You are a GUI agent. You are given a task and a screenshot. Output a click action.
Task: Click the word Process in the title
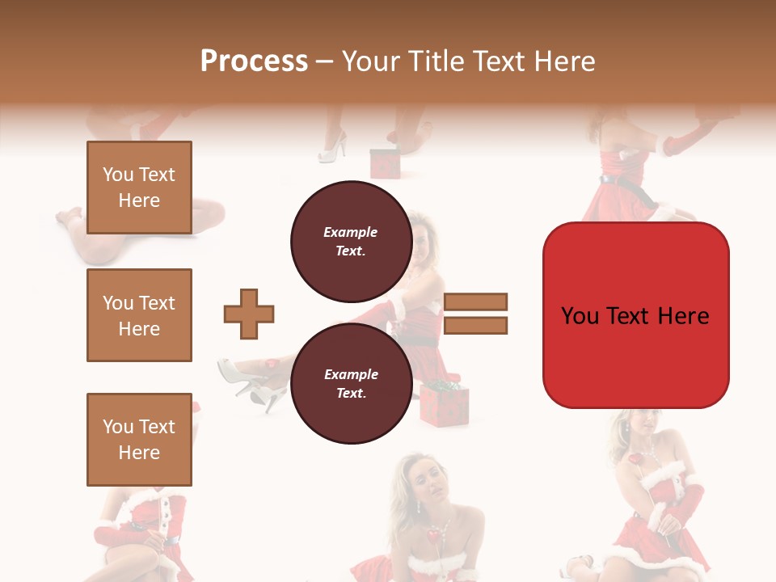point(254,61)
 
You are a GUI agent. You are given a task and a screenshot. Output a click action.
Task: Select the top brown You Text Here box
point(139,188)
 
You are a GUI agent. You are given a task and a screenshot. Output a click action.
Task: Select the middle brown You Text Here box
point(139,315)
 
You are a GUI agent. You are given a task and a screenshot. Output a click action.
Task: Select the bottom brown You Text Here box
point(139,440)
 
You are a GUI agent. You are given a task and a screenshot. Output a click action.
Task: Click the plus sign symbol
point(249,314)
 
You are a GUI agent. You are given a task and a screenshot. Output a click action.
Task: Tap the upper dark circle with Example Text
point(351,242)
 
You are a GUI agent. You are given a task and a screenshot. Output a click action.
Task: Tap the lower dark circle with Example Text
point(351,384)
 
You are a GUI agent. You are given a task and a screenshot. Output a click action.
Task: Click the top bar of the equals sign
point(476,302)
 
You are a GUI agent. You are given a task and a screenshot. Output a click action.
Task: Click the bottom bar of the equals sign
point(476,326)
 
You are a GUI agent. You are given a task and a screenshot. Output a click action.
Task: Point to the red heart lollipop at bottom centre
point(434,536)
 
